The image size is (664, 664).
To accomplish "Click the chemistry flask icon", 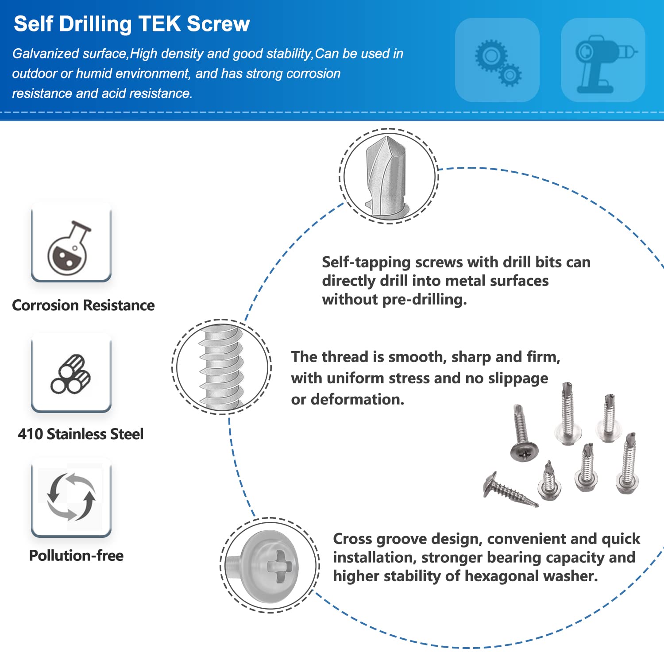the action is point(69,248).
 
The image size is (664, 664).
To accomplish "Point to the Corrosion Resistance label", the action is point(83,305).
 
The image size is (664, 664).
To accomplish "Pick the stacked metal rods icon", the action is point(71,374).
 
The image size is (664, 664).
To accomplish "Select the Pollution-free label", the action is point(76,556).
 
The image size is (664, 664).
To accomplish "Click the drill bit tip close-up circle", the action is point(389,176).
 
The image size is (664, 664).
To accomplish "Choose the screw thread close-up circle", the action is point(221,367).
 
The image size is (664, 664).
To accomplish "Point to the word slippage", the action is point(518,378).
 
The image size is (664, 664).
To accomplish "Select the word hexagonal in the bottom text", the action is point(501,576).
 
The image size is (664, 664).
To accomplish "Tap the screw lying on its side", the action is point(510,490).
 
